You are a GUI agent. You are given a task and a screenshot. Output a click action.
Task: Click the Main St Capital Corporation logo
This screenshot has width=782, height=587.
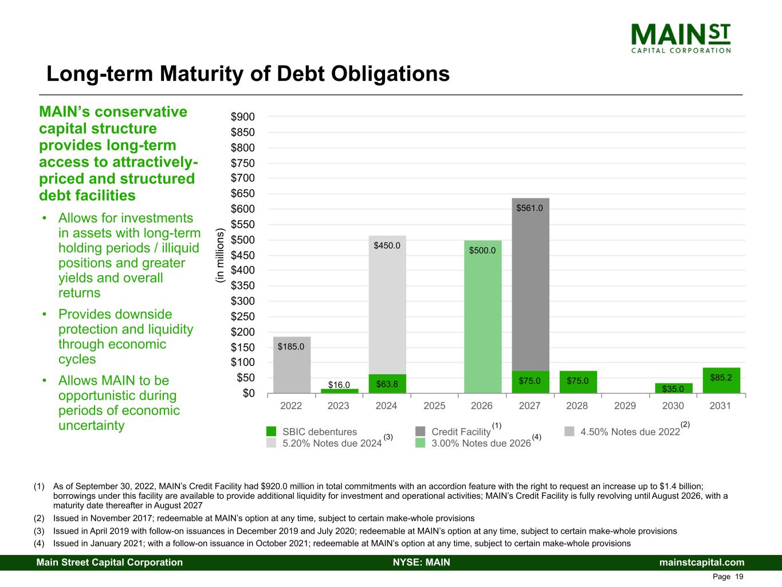(681, 38)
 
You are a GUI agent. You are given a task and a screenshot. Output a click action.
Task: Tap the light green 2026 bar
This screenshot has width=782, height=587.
(482, 321)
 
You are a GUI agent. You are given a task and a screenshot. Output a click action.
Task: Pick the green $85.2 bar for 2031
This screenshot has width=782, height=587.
(721, 381)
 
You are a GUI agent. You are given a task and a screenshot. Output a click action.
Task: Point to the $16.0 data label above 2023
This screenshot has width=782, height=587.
(339, 385)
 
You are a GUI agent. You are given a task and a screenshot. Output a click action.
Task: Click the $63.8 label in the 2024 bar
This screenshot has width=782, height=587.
(387, 383)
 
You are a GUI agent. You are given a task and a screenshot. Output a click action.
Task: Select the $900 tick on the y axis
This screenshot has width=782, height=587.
(243, 117)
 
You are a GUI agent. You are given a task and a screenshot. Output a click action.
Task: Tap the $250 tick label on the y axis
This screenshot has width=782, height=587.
(243, 316)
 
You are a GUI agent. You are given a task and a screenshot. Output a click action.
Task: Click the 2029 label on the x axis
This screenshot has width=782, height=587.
(625, 406)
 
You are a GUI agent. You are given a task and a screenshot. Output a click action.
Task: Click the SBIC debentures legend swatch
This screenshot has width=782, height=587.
(272, 432)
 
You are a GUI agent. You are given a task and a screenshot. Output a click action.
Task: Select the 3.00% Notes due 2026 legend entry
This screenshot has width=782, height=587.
(481, 443)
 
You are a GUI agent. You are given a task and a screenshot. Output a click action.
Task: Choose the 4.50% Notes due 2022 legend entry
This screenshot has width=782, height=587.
(630, 432)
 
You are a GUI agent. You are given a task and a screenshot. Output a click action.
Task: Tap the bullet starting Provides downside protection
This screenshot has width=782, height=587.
(126, 336)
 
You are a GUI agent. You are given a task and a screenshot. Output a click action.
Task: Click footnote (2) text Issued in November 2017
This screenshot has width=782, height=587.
(264, 518)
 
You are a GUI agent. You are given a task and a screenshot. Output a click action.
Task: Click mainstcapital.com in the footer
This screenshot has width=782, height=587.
(702, 562)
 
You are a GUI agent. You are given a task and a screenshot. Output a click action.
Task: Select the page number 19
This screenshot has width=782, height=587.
(739, 577)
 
